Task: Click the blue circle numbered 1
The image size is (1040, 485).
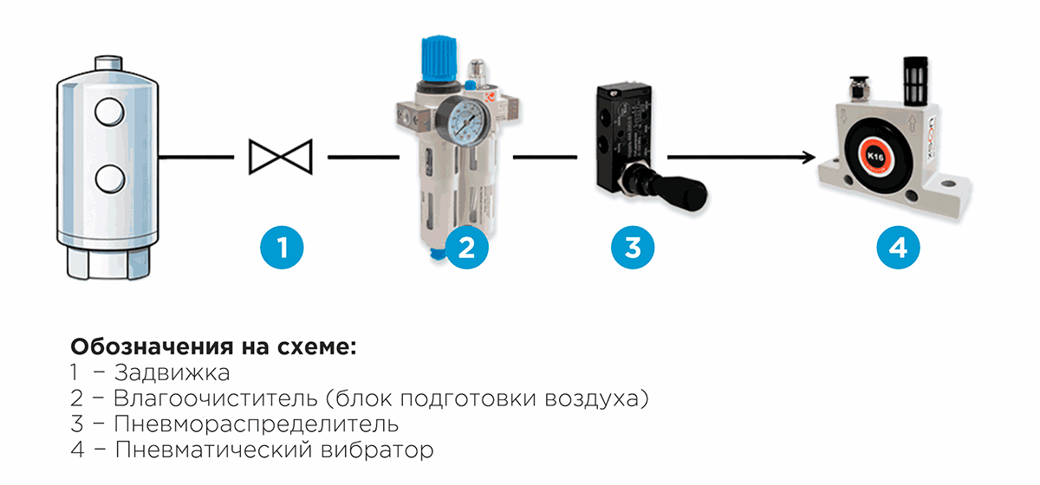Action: [x=282, y=248]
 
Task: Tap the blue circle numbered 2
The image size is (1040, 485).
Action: [x=466, y=248]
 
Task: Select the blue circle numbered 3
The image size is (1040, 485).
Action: [x=633, y=248]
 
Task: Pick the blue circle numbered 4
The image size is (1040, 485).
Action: [x=898, y=248]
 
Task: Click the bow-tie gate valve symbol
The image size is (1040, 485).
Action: [x=281, y=157]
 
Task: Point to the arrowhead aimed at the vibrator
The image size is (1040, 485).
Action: [x=809, y=158]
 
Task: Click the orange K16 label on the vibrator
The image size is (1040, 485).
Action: [x=874, y=156]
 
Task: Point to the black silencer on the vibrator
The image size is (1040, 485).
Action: [x=915, y=81]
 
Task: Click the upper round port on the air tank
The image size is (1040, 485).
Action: [x=109, y=112]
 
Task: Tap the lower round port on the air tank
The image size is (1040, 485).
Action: [x=110, y=179]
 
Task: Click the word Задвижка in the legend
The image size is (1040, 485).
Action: [x=172, y=372]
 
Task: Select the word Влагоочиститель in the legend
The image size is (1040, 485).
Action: [x=216, y=398]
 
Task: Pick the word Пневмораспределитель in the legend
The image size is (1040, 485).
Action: [x=257, y=424]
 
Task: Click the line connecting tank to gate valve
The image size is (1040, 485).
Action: [x=197, y=158]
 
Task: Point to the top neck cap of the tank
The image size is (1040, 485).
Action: [x=108, y=63]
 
